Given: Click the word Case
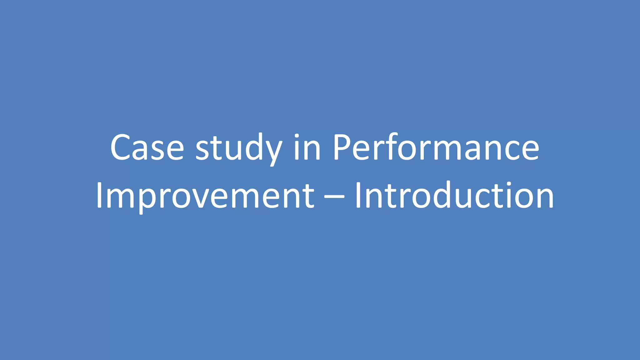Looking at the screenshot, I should pos(147,147).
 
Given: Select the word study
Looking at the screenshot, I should pos(239,148).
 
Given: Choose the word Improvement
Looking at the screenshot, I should pos(205,196).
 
